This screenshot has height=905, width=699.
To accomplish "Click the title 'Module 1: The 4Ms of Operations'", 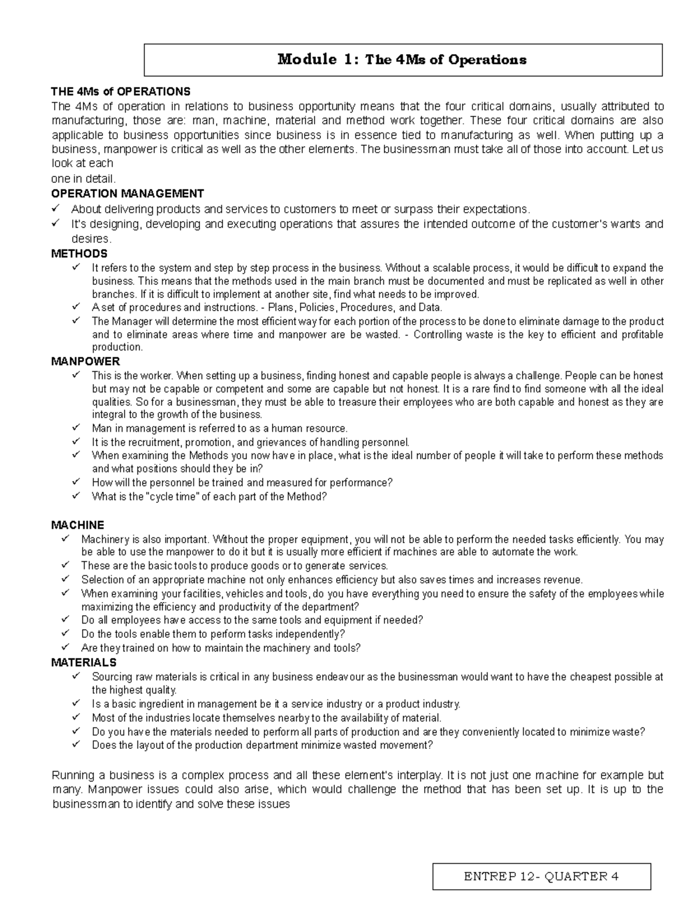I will pos(402,59).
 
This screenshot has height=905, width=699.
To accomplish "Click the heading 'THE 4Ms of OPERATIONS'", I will pos(121,91).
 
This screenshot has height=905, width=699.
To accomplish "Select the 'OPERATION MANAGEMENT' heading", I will pos(128,193).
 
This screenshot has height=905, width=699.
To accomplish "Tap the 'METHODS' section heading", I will pos(79,253).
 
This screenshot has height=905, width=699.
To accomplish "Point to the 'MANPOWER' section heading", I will pos(86,361).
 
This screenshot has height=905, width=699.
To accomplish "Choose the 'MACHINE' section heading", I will pos(77,525).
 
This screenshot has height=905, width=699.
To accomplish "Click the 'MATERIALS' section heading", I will pos(84,663).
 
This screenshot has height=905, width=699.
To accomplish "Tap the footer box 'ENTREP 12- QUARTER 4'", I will pos(541,876).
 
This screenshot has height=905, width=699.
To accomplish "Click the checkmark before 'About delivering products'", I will pos(56,209).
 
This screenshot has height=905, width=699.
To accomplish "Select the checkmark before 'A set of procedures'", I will pos(76,307).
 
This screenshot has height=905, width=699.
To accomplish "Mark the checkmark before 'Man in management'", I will pos(76,428).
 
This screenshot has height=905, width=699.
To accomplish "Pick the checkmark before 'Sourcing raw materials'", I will pos(76,677).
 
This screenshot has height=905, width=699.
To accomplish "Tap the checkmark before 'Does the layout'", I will pos(76,745).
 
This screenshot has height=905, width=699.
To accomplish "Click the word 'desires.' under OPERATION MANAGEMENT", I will pos(90,239).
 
